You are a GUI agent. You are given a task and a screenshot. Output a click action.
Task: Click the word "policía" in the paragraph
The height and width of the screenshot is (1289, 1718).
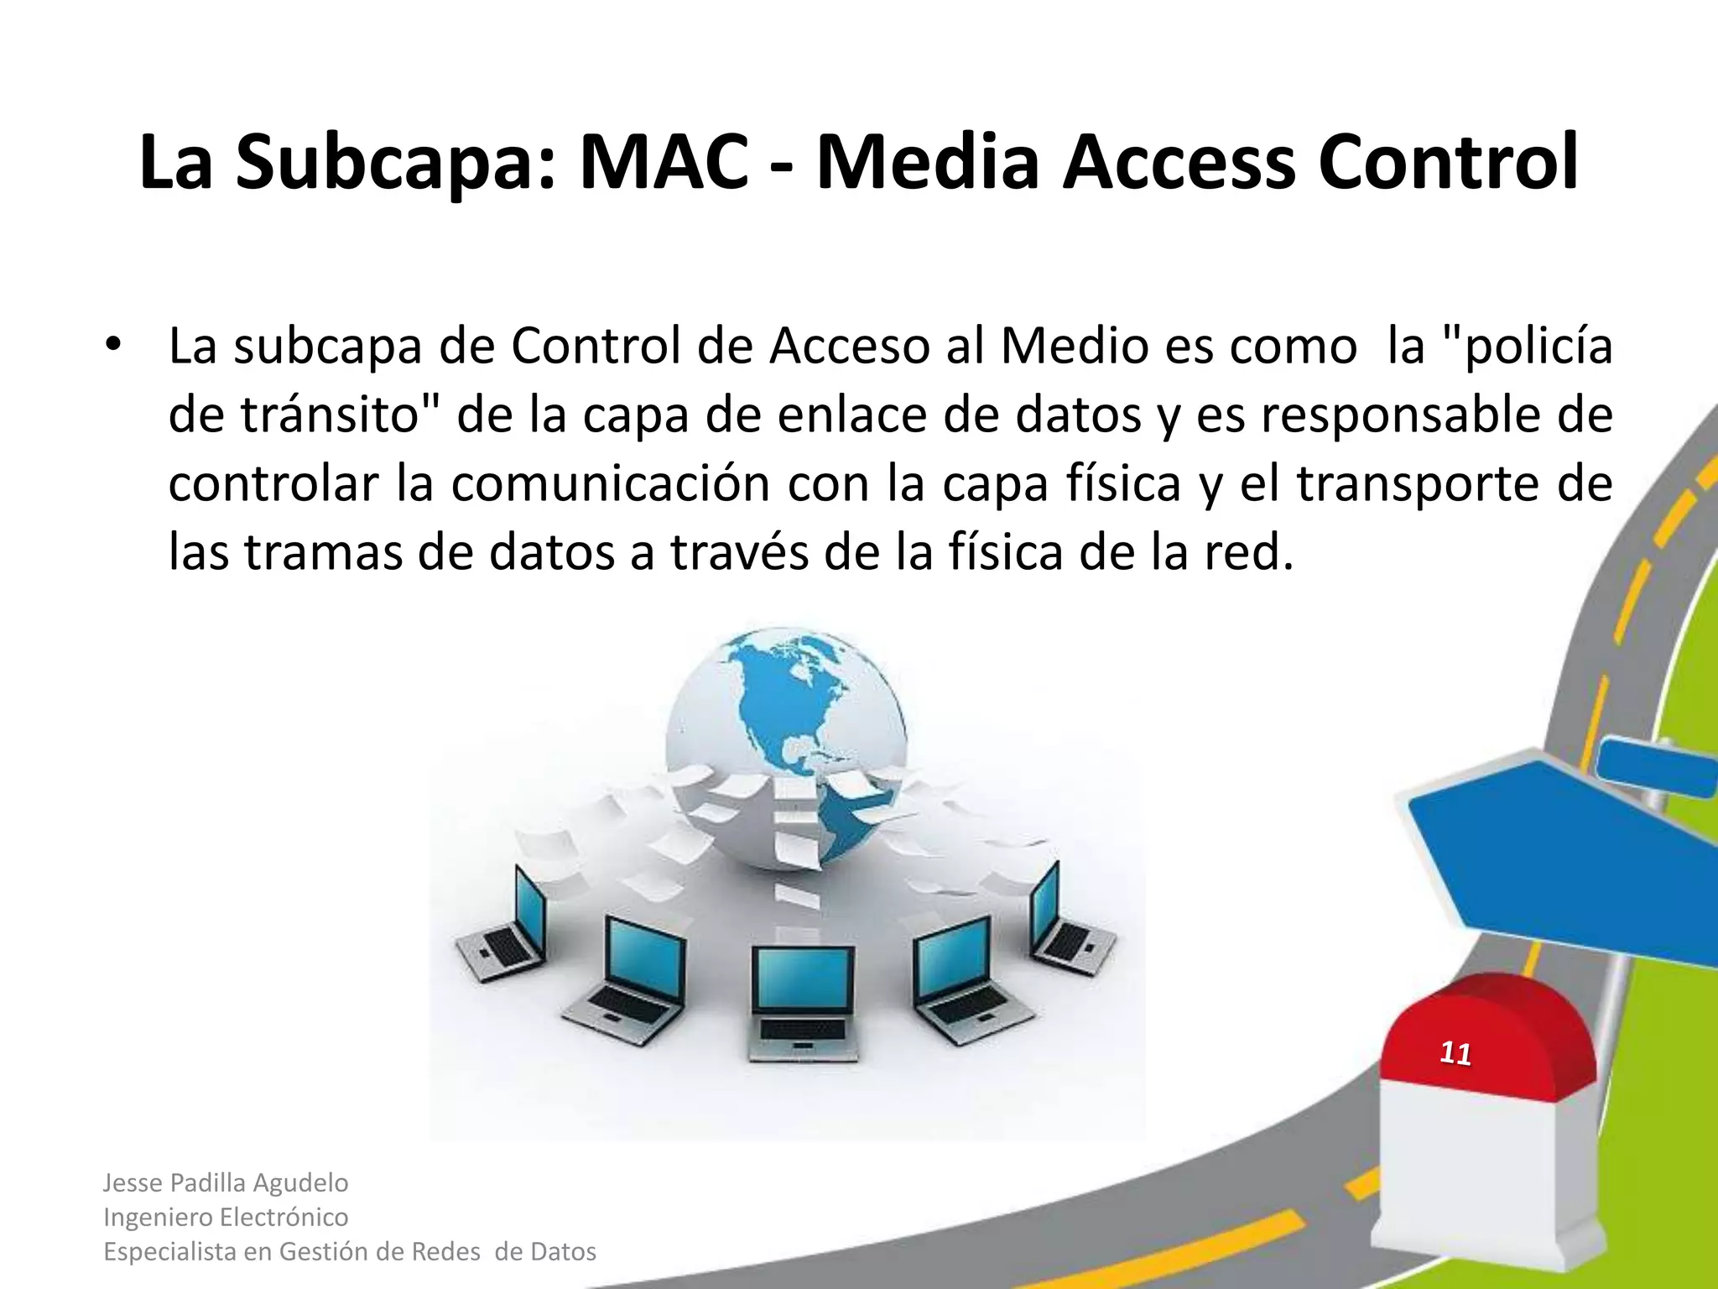pyautogui.click(x=1530, y=347)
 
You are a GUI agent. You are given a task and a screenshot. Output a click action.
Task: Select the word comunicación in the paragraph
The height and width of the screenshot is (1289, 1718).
pyautogui.click(x=611, y=484)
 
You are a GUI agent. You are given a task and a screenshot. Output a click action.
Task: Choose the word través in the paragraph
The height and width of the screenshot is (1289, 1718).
pyautogui.click(x=739, y=553)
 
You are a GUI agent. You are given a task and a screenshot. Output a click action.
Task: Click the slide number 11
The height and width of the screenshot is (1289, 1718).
pyautogui.click(x=1455, y=1054)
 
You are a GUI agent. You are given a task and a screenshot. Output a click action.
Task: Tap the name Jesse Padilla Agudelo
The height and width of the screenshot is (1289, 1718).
pyautogui.click(x=226, y=1182)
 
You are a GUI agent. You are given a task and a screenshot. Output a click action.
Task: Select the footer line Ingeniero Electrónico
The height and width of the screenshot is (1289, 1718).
pyautogui.click(x=226, y=1217)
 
